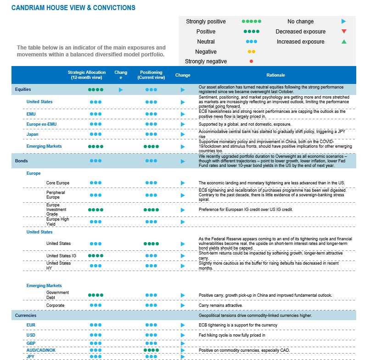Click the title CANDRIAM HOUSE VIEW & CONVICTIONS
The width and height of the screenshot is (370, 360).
(x=73, y=8)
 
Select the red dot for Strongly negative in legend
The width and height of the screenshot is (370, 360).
(x=252, y=61)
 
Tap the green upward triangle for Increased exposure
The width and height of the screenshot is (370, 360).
(x=344, y=42)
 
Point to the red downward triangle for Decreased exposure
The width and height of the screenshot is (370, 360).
(x=344, y=32)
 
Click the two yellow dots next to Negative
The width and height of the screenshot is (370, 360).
(x=252, y=52)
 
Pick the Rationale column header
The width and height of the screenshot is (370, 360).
(x=275, y=75)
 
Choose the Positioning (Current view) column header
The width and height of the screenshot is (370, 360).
(x=151, y=75)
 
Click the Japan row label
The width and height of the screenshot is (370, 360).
(x=33, y=134)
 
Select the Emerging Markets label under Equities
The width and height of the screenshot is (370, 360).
(x=44, y=146)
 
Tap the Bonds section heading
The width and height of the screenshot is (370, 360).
(x=22, y=161)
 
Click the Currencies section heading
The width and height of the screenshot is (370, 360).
(x=26, y=316)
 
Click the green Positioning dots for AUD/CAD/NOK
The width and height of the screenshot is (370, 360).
(x=151, y=350)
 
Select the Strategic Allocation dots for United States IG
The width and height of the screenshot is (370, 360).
(x=95, y=255)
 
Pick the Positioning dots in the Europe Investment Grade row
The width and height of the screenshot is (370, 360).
(x=151, y=210)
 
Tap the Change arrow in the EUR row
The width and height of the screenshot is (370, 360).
(x=183, y=325)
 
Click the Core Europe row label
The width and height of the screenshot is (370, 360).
(x=58, y=183)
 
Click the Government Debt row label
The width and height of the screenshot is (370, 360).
(x=57, y=295)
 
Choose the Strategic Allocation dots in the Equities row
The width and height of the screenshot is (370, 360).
(x=95, y=90)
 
